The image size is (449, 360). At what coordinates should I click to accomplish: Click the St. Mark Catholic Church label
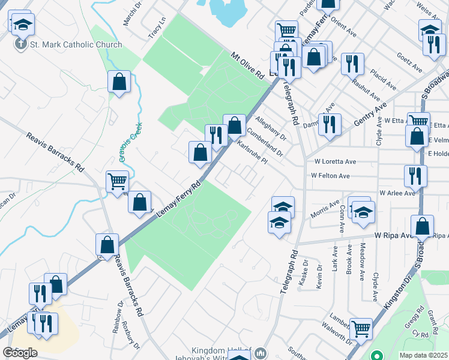[76, 44]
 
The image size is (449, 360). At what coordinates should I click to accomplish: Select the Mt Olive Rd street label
[247, 66]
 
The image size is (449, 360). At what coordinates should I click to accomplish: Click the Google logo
[20, 352]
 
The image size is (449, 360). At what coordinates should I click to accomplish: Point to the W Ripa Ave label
[391, 236]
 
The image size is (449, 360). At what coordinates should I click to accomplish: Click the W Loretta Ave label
[335, 161]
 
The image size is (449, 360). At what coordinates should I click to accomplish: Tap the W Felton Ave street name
[330, 176]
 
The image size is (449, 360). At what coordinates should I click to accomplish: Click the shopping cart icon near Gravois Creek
[117, 181]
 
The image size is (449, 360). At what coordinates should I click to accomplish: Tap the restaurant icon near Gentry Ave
[329, 124]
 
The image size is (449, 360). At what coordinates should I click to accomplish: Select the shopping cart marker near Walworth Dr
[360, 328]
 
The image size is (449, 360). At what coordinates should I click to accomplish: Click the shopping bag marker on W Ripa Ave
[422, 226]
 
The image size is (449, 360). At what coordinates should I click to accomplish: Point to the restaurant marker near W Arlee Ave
[415, 176]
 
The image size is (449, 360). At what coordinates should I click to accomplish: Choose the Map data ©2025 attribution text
[424, 355]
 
